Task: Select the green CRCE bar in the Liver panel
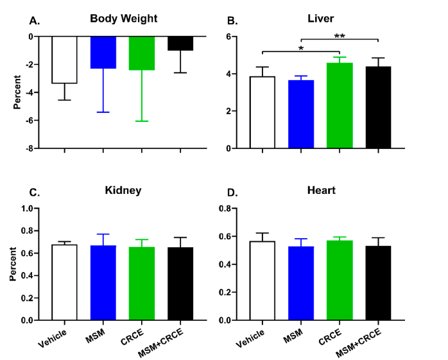click(339, 105)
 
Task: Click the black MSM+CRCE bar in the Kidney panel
click(180, 284)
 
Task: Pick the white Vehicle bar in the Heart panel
click(262, 280)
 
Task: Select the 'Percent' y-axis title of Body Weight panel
click(18, 93)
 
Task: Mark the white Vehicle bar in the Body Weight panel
click(64, 60)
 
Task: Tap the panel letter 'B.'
click(234, 21)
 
